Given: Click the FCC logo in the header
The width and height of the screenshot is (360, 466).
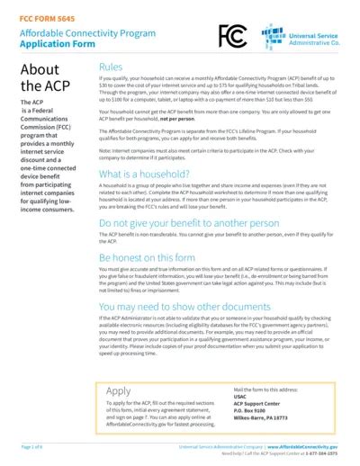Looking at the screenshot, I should pos(232,35).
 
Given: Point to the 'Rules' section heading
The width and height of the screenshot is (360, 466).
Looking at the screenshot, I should pos(111,67).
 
